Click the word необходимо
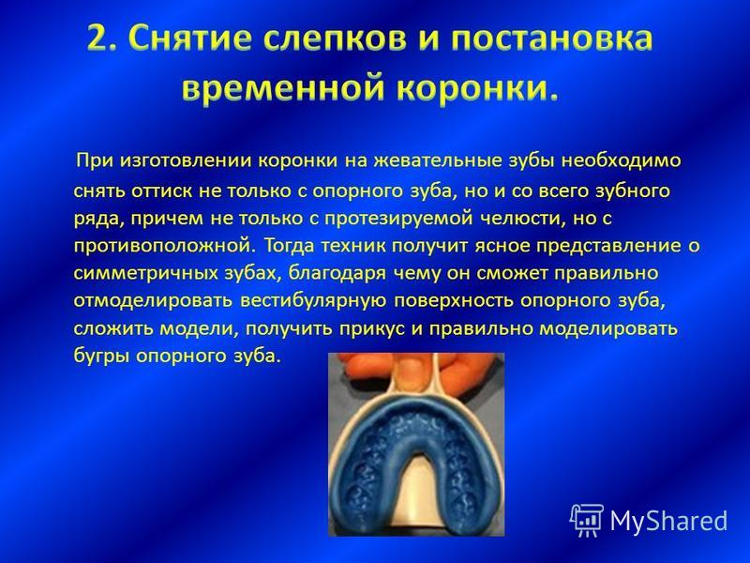[x=622, y=160]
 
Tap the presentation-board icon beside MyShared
[x=587, y=521]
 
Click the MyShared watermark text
[x=669, y=521]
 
